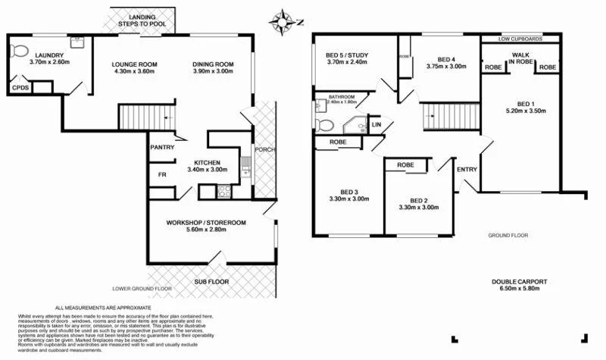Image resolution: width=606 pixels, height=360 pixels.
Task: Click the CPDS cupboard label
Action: pos(20,89)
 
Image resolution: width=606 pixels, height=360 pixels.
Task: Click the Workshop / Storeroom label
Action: pos(206,223)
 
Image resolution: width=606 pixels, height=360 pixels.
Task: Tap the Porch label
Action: pos(264,149)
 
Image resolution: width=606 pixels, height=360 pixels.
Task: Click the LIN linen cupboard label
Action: pos(376,125)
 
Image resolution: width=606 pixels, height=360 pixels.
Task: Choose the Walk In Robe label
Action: pos(520,59)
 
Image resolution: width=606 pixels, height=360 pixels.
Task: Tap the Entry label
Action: pos(466,168)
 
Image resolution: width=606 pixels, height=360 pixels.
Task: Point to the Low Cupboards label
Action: pos(520,38)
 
